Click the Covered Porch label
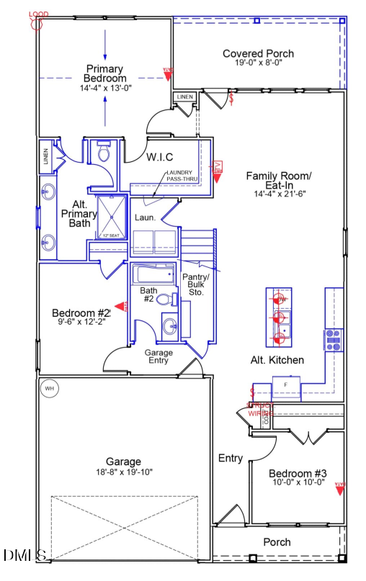coord(258,53)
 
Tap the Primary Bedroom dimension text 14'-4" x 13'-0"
coord(105,88)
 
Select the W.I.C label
coord(159,156)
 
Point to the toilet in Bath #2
coord(165,299)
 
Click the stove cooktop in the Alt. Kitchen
coord(333,339)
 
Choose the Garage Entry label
coord(159,356)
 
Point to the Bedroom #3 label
coord(298,473)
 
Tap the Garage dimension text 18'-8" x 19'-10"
coord(122,472)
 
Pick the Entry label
coord(231,458)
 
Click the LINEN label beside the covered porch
coord(184,96)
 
